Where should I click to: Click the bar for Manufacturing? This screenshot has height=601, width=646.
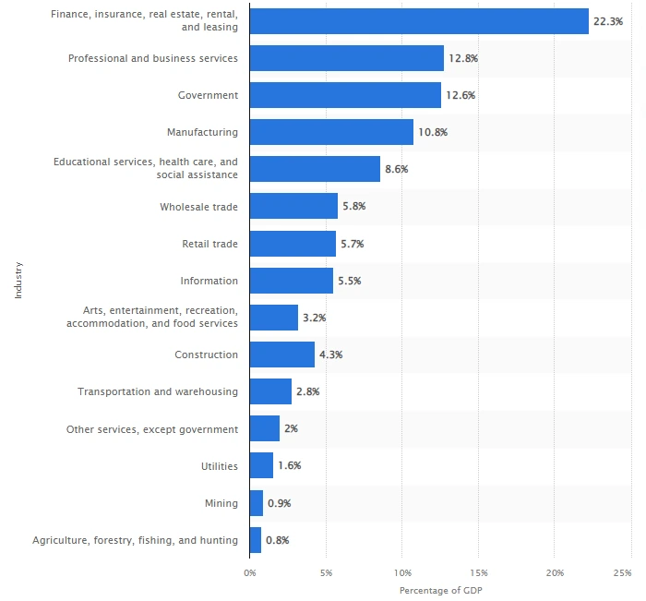[x=331, y=132]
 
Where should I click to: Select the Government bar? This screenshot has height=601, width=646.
[x=345, y=95]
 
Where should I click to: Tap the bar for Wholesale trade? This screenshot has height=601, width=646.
[x=293, y=206]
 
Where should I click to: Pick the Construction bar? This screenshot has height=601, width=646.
[x=281, y=355]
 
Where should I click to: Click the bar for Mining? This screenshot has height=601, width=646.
[x=257, y=503]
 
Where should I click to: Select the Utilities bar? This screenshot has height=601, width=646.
[x=261, y=465]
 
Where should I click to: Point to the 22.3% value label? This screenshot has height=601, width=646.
[x=609, y=21]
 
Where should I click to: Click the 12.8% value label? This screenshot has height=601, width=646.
[x=463, y=58]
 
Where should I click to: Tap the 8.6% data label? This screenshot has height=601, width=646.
[x=396, y=169]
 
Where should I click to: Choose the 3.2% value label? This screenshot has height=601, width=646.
[x=314, y=318]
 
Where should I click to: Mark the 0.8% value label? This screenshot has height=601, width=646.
[x=277, y=540]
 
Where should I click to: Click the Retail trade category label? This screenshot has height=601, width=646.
[x=209, y=244]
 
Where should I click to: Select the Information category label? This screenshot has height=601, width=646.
[x=209, y=281]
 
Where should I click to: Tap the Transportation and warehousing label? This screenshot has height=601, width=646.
[x=157, y=391]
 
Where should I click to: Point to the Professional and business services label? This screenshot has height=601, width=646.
[x=152, y=58]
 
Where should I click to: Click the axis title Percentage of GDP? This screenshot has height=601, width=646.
[x=440, y=590]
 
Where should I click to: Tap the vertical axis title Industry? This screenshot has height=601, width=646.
[x=18, y=281]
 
